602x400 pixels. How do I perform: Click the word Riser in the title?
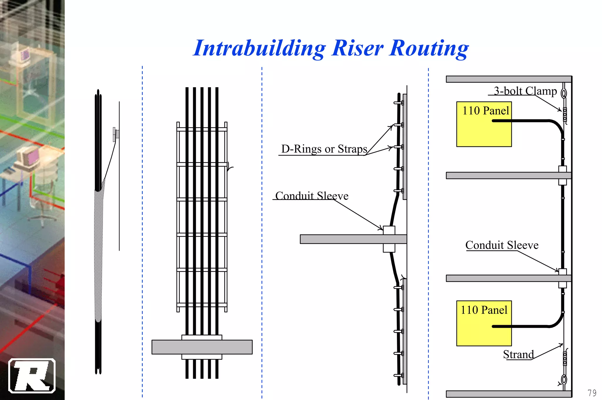[357, 48]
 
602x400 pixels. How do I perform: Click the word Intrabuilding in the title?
[259, 48]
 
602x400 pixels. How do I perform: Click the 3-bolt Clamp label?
[525, 91]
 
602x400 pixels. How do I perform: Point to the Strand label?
[518, 354]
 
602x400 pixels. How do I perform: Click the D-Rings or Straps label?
[324, 149]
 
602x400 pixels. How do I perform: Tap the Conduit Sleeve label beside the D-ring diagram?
[312, 196]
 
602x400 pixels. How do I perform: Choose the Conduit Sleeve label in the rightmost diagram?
[502, 245]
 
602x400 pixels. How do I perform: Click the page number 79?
[592, 393]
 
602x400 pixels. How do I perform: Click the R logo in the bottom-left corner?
[32, 375]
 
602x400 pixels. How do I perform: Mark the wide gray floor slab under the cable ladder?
[202, 347]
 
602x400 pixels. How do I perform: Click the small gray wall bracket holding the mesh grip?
[115, 134]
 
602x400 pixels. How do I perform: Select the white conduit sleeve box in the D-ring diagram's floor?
[389, 230]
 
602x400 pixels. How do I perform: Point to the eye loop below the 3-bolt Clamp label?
[564, 93]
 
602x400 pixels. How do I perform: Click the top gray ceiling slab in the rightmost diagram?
[509, 79]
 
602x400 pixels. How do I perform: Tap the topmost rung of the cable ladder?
[202, 129]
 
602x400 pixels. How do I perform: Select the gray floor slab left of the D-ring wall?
[341, 239]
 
